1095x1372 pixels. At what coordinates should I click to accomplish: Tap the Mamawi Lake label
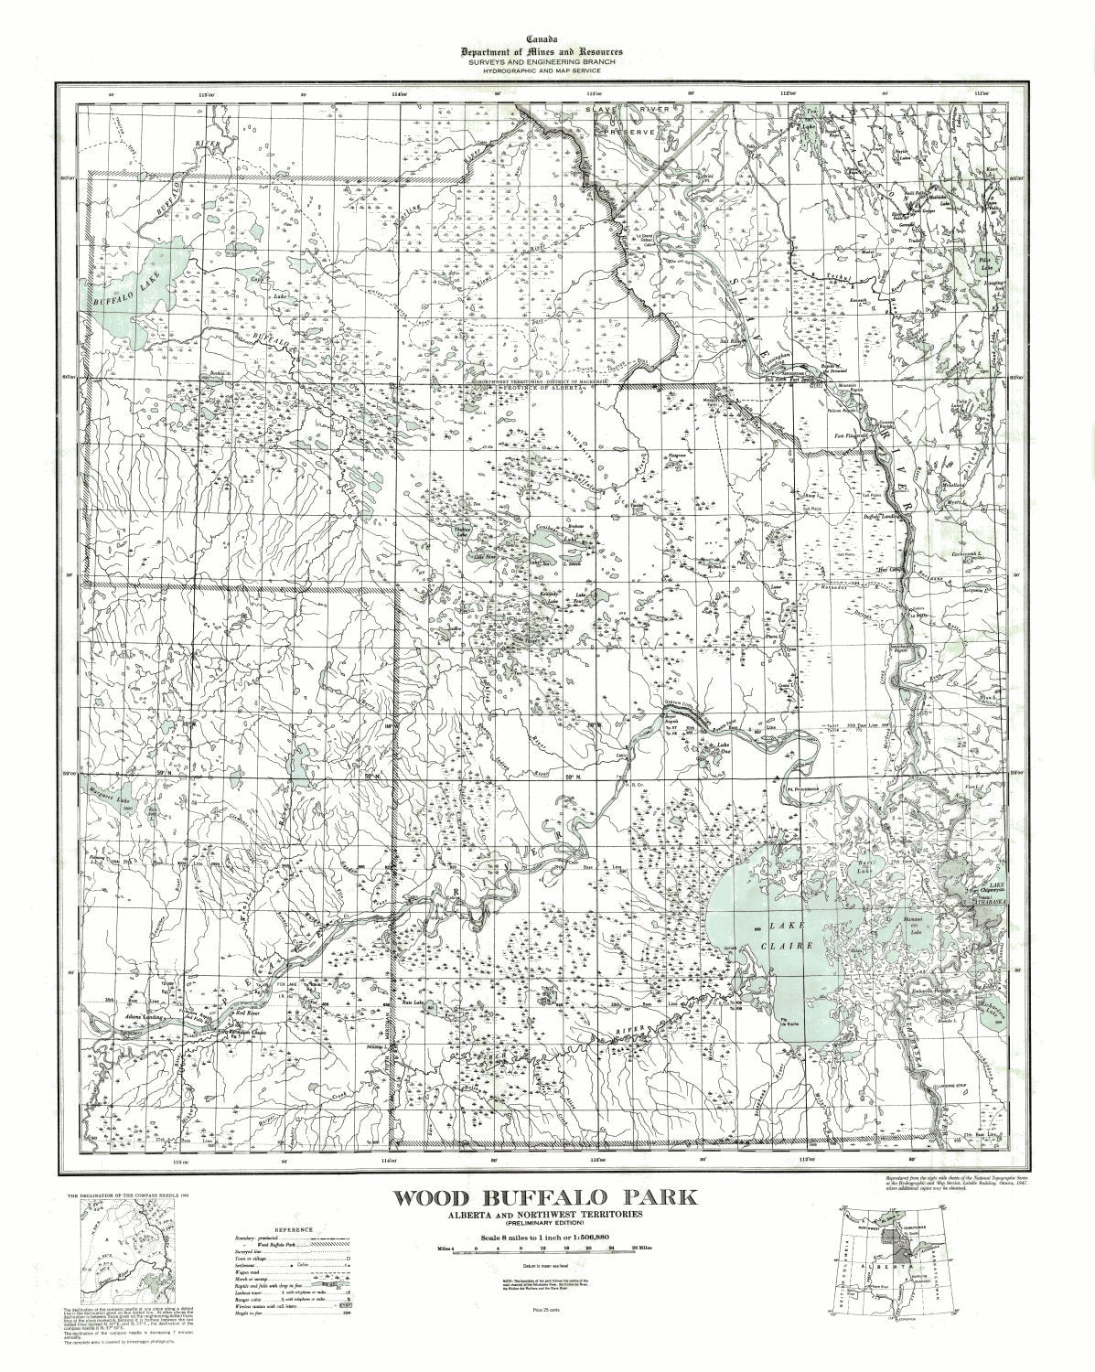[x=916, y=916]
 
